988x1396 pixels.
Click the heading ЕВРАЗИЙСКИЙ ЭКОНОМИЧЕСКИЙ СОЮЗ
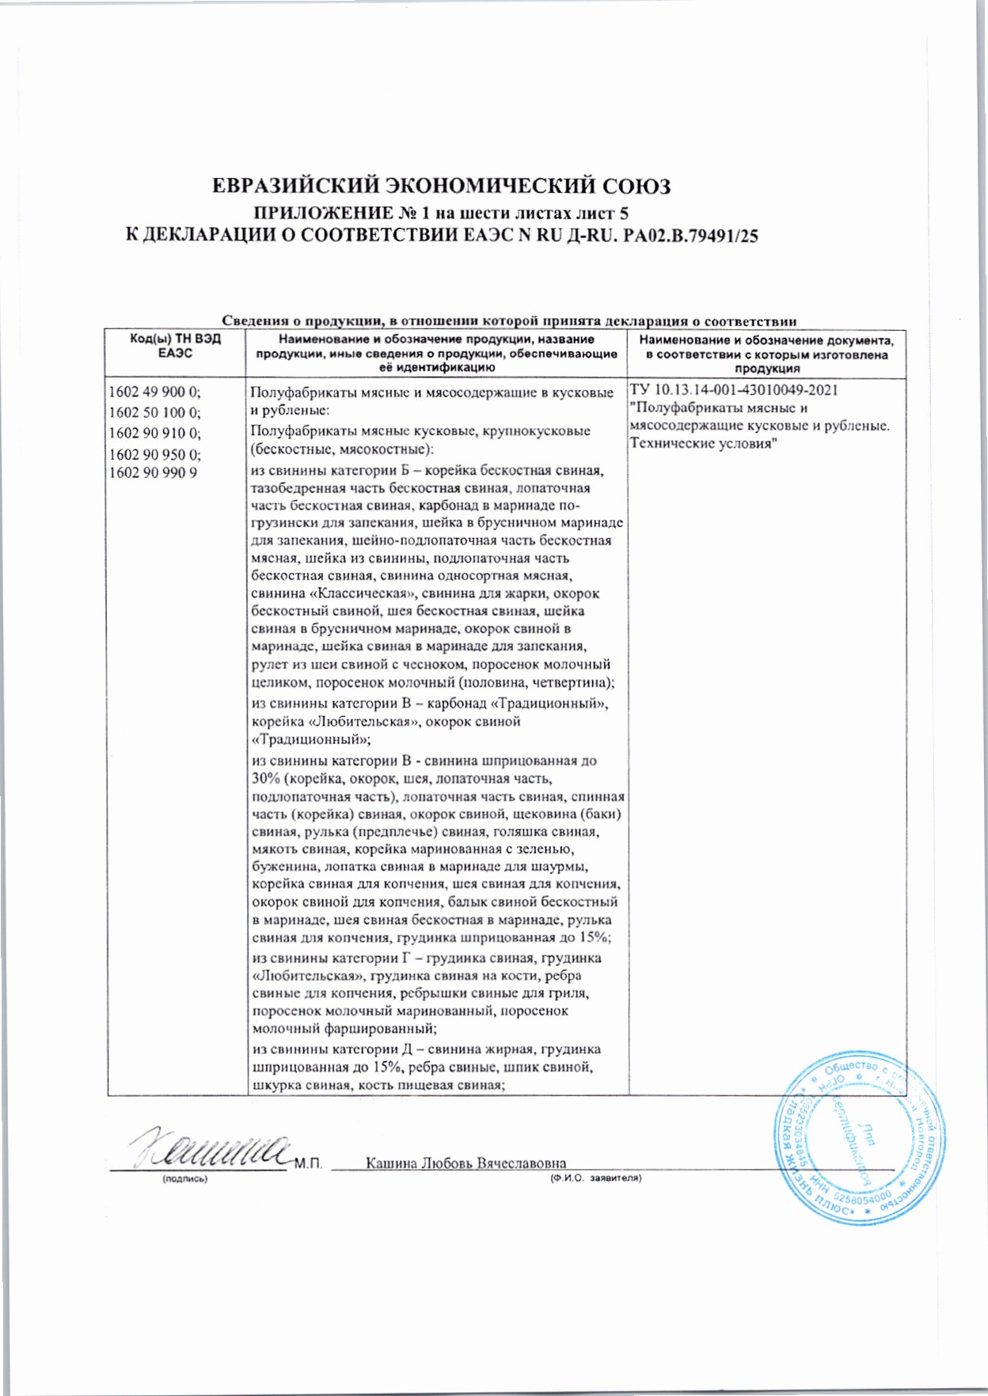tap(443, 187)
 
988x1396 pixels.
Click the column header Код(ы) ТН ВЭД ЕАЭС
tap(176, 346)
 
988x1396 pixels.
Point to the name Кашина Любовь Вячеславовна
tap(466, 1163)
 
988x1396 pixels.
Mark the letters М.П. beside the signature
tap(308, 1164)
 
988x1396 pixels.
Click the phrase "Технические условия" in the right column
tap(701, 443)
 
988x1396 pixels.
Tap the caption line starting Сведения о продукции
tap(507, 321)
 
